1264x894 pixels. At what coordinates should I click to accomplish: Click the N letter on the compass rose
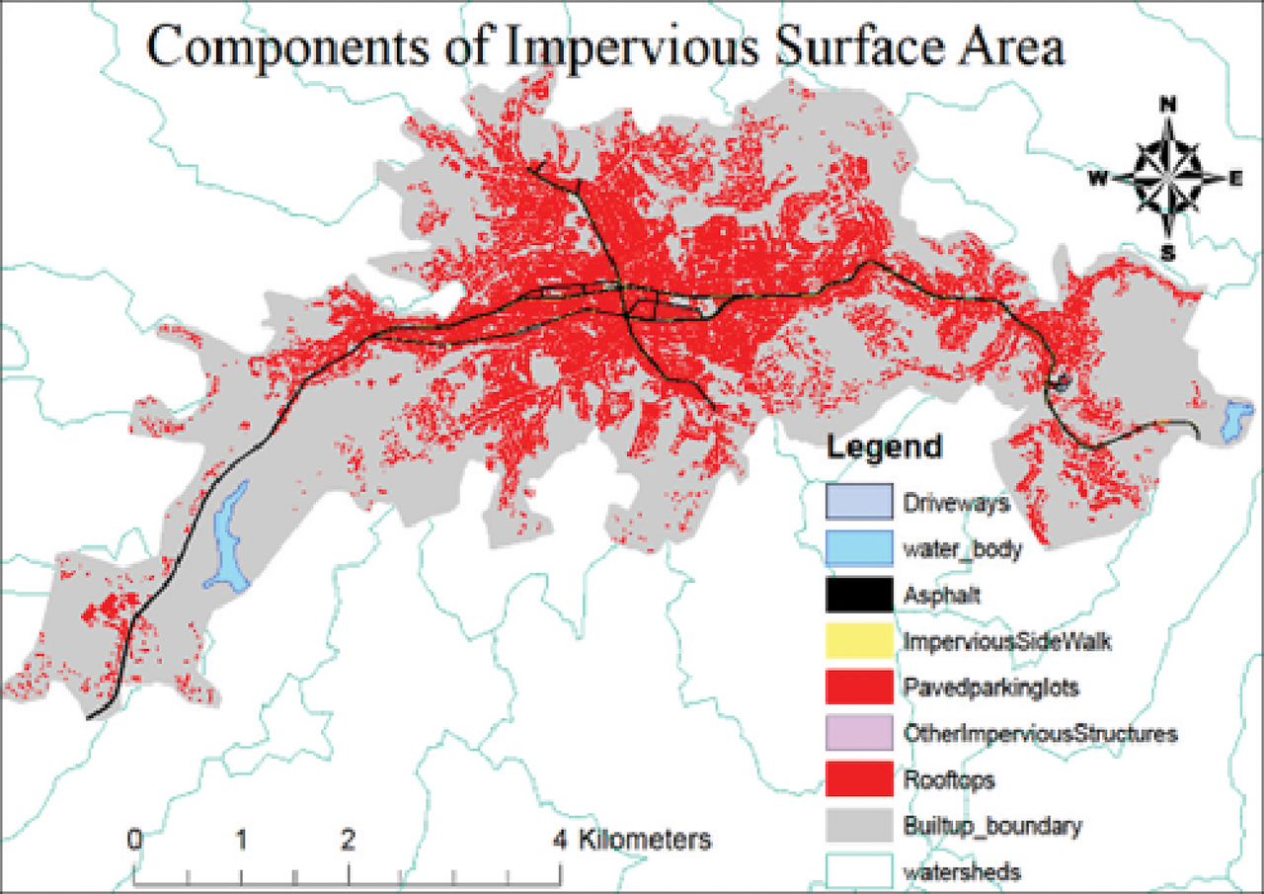pyautogui.click(x=1167, y=104)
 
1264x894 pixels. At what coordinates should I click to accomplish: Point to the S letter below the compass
pyautogui.click(x=1167, y=253)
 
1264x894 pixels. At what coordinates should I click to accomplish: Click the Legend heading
pyautogui.click(x=884, y=447)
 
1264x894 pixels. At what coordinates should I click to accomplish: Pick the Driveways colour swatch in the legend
pyautogui.click(x=859, y=502)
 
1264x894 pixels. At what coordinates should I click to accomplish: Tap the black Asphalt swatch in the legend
pyautogui.click(x=859, y=595)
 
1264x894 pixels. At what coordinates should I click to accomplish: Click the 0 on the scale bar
pyautogui.click(x=134, y=841)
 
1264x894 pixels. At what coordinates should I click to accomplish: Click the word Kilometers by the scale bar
pyautogui.click(x=645, y=841)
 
